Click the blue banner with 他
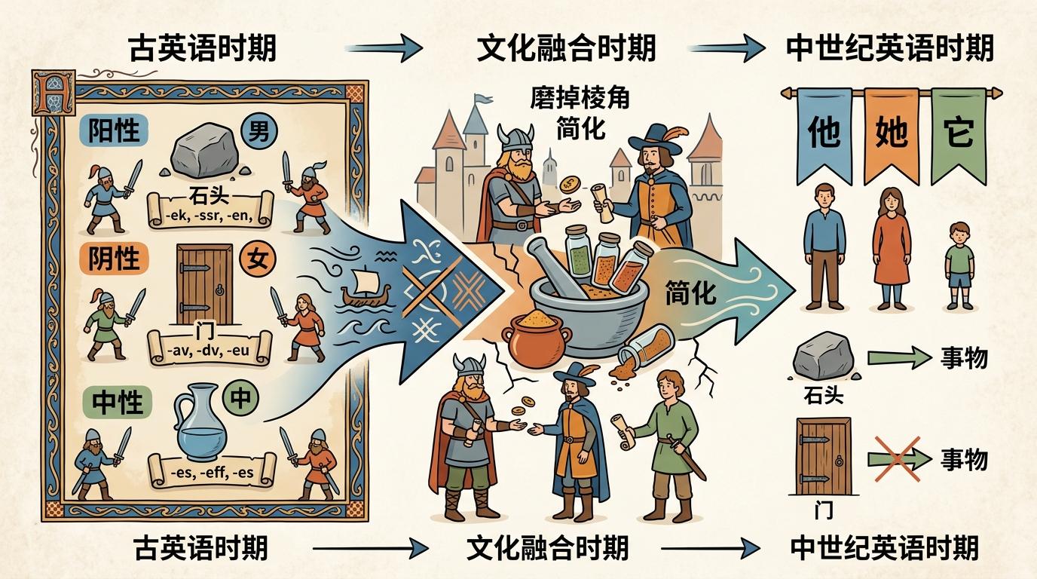coord(824,134)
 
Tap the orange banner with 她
coord(892,134)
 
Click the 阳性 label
coord(114,131)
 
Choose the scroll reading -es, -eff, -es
coord(212,471)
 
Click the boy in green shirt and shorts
coord(960,265)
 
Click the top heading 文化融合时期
coord(566,49)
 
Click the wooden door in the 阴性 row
coord(203,283)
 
